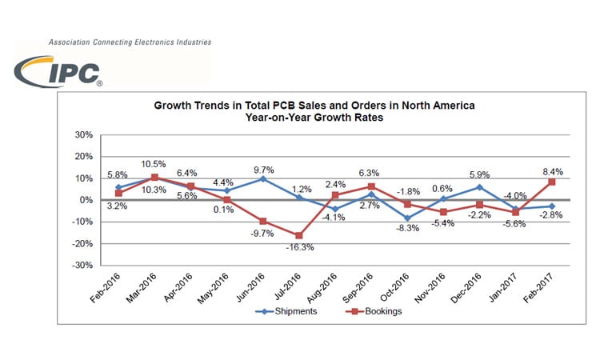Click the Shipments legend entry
284,311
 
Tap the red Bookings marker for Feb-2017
552,182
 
